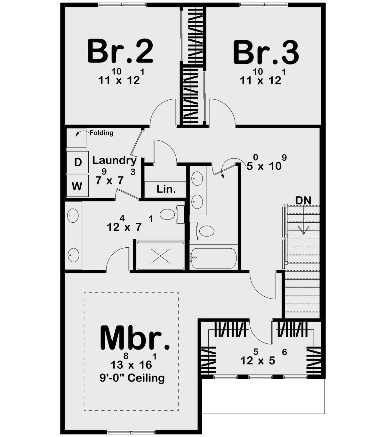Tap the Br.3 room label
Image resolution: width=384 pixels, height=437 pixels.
pos(266,52)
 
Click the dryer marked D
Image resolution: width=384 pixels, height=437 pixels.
pos(77,162)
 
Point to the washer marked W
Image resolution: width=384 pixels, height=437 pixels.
pos(77,186)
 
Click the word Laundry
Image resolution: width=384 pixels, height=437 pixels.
pos(115,161)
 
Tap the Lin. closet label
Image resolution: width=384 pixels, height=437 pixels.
pos(166,189)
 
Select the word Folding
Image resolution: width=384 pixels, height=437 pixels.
pos(101,133)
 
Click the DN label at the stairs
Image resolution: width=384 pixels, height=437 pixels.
pos(303,201)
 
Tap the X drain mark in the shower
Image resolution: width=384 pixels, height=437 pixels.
pos(161,256)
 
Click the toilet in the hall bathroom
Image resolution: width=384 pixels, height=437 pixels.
pos(202,231)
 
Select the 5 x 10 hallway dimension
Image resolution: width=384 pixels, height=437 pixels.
pos(266,163)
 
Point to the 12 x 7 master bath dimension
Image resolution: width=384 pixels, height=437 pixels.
pos(130,224)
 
